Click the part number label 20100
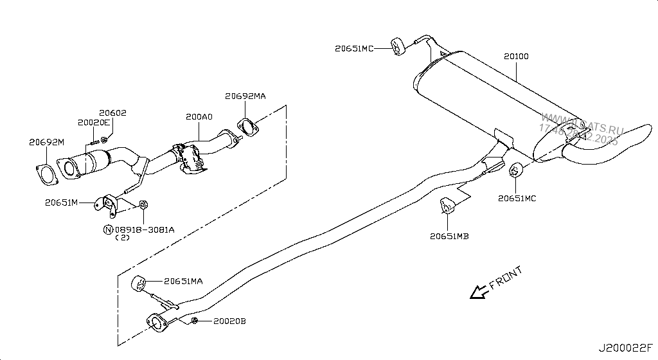click(515, 57)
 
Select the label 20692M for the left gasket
click(47, 142)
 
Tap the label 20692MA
click(245, 96)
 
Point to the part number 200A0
click(199, 118)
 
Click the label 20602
click(112, 113)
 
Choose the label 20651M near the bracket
click(61, 203)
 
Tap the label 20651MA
click(183, 281)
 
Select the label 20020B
click(229, 321)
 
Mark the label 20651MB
click(449, 236)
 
